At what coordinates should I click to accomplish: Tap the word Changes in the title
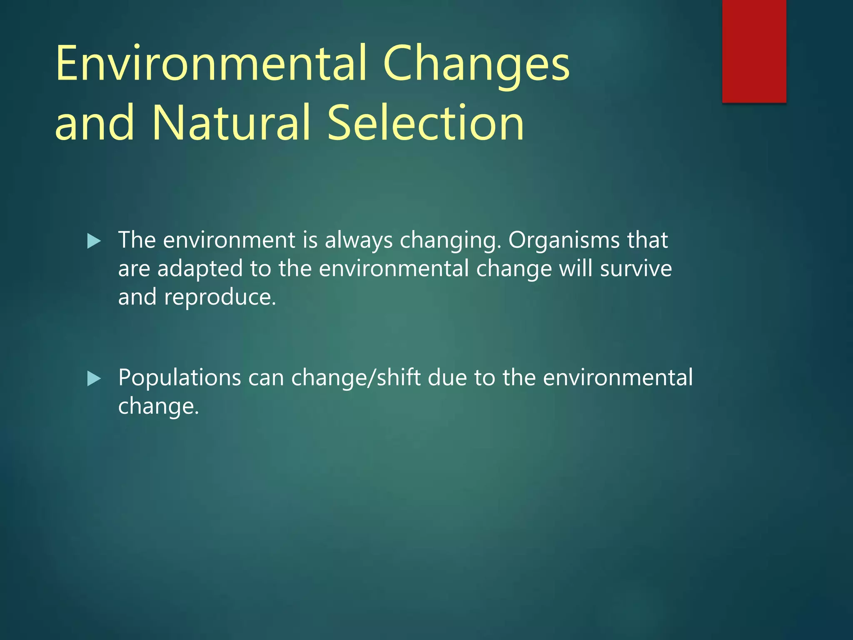(x=476, y=63)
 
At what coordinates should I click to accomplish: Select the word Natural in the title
(x=231, y=123)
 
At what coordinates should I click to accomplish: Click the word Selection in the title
(x=425, y=123)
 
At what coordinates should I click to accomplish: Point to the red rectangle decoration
(x=754, y=51)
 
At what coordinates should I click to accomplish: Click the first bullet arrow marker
(x=94, y=241)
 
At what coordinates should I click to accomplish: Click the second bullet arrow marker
(x=94, y=379)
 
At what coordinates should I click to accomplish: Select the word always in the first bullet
(x=358, y=240)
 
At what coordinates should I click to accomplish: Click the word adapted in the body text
(x=200, y=269)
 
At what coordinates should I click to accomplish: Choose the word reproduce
(x=220, y=297)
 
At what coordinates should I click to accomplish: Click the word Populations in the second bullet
(x=180, y=378)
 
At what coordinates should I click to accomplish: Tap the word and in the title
(x=95, y=123)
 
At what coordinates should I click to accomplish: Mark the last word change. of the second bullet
(x=159, y=406)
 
